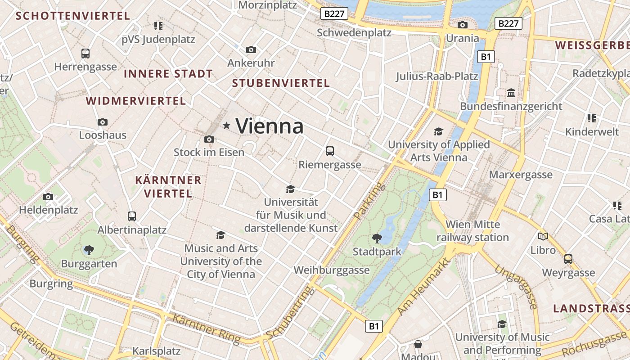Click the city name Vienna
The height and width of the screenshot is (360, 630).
click(269, 126)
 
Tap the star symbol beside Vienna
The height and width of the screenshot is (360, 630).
click(227, 126)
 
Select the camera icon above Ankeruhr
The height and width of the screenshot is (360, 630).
click(251, 49)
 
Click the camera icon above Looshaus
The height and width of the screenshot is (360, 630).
click(103, 122)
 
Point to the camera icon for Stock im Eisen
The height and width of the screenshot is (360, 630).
click(209, 139)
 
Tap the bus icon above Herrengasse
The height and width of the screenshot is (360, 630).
click(85, 54)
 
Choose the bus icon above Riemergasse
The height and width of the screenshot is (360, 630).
click(330, 151)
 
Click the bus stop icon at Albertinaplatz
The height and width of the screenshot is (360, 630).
click(132, 216)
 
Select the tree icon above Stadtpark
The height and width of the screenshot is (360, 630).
click(377, 238)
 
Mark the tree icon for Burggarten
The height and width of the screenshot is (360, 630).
click(89, 250)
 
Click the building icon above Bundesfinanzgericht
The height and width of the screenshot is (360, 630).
click(511, 93)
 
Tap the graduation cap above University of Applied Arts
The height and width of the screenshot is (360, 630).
click(438, 131)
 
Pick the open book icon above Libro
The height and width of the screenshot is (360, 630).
click(543, 236)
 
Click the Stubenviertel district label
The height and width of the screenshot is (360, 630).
click(281, 83)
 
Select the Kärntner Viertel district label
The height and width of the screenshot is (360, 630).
click(168, 187)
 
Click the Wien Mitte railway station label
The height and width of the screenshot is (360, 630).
click(472, 231)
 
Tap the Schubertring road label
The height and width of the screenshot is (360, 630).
click(288, 313)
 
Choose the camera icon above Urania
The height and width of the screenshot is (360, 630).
click(462, 25)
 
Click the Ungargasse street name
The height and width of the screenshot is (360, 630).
click(516, 287)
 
